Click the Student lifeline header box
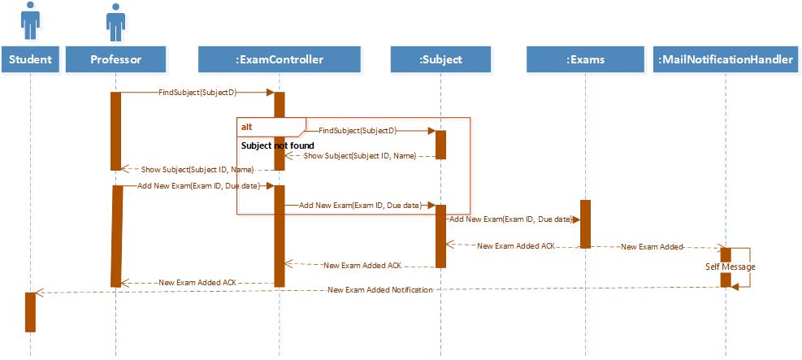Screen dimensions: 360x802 click(x=31, y=59)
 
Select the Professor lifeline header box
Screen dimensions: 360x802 click(x=116, y=59)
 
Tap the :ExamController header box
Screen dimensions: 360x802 click(x=279, y=59)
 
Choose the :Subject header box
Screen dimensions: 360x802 click(x=440, y=59)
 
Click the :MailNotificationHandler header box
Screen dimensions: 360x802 click(x=726, y=59)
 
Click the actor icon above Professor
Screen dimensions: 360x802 click(x=116, y=22)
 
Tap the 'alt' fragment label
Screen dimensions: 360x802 click(x=246, y=128)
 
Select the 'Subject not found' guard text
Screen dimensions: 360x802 click(x=277, y=145)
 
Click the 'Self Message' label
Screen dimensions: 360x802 click(x=730, y=267)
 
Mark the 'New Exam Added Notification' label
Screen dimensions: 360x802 click(x=380, y=289)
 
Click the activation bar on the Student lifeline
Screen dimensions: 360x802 click(x=31, y=311)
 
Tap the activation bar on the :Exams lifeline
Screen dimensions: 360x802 click(x=584, y=223)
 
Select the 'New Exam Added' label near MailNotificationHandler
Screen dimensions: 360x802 click(x=651, y=246)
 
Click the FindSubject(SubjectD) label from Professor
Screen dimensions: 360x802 click(x=193, y=93)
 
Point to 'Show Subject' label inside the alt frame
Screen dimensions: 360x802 click(x=359, y=155)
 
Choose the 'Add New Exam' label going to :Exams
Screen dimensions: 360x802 click(x=509, y=219)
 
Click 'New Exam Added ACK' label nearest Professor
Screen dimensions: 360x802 click(x=197, y=282)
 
